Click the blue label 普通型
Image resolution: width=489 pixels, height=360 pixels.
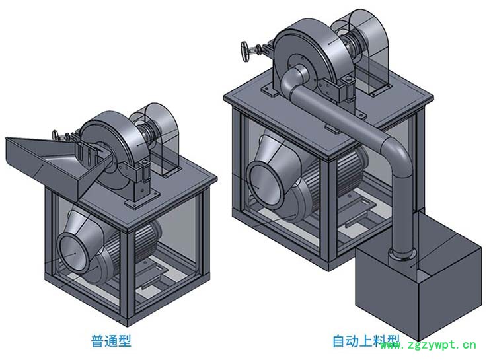point(111,341)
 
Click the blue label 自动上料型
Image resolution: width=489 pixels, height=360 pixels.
point(366,341)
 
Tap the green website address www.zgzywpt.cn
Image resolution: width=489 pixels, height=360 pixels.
point(428,345)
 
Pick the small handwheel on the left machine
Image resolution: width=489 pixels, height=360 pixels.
point(56,135)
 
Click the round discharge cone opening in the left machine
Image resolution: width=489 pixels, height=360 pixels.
point(73,253)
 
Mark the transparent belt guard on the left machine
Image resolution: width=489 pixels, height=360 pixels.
point(155,139)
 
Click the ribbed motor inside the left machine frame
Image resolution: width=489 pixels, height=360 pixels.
point(137,246)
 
